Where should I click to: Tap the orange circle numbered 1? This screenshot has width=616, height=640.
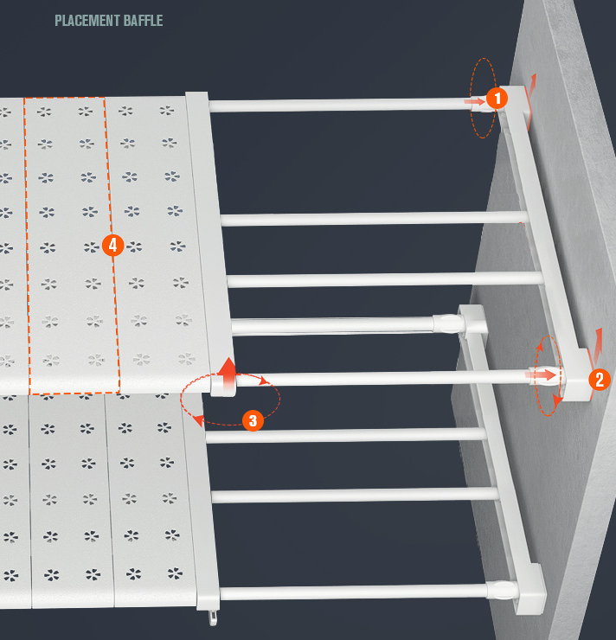coord(497,98)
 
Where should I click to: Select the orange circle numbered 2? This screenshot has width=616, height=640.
coord(600,380)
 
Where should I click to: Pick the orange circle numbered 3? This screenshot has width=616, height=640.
coord(253,420)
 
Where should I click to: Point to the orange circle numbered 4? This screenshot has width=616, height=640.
coord(112,245)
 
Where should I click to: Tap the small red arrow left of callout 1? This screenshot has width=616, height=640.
coord(474,101)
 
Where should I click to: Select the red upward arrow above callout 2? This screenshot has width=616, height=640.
coord(598,346)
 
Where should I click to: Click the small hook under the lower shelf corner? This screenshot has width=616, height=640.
coord(213,618)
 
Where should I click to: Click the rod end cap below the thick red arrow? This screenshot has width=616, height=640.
coord(223,387)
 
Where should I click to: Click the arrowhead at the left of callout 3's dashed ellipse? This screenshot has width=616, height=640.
coord(198,420)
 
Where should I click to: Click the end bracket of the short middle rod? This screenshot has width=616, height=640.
coord(473,322)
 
